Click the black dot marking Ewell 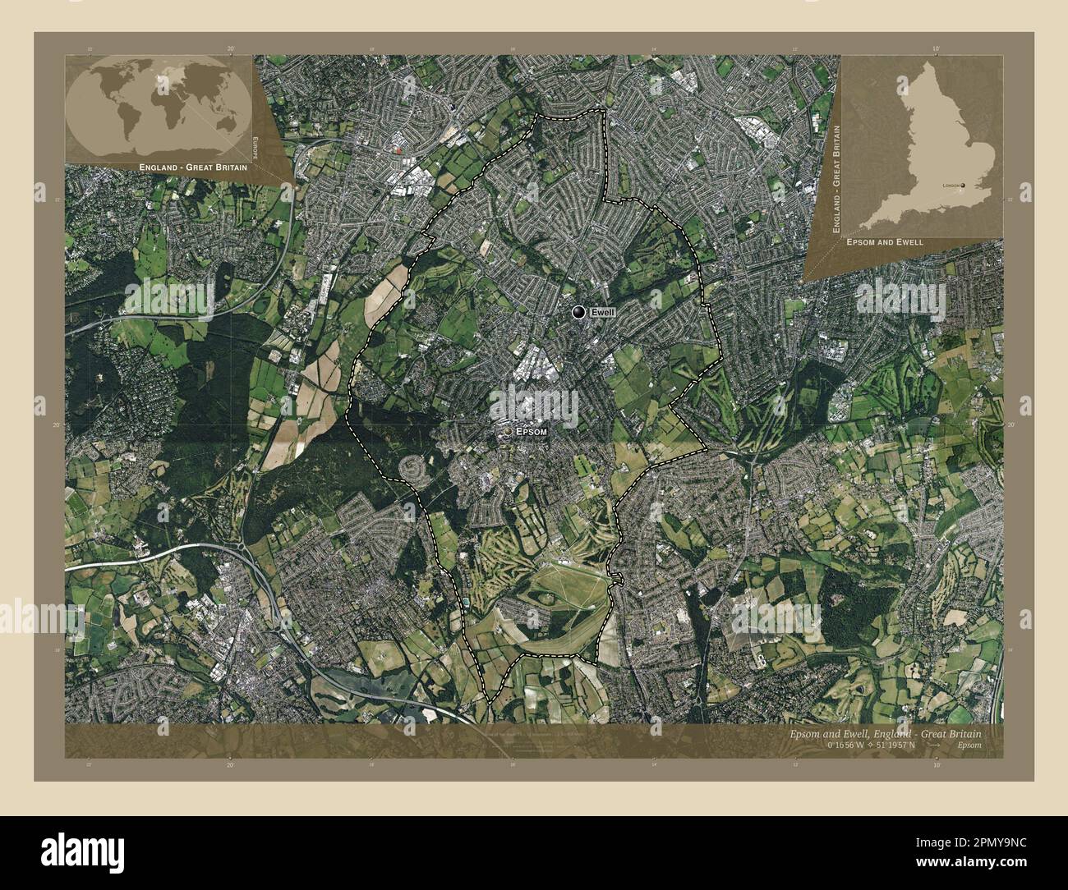click(x=580, y=312)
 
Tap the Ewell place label click(x=603, y=313)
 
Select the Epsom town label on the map click(x=531, y=430)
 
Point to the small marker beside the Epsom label click(x=509, y=430)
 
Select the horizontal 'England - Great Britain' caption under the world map click(x=194, y=167)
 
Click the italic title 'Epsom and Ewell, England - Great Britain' click(x=879, y=733)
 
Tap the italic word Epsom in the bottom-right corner click(x=969, y=745)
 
